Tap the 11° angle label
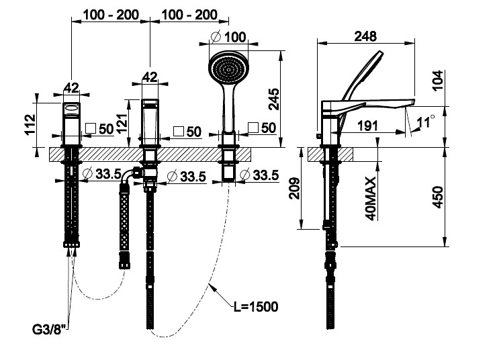(424, 122)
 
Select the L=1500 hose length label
(255, 307)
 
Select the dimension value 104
(438, 83)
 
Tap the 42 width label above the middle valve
(150, 77)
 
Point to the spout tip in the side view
(412, 101)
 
